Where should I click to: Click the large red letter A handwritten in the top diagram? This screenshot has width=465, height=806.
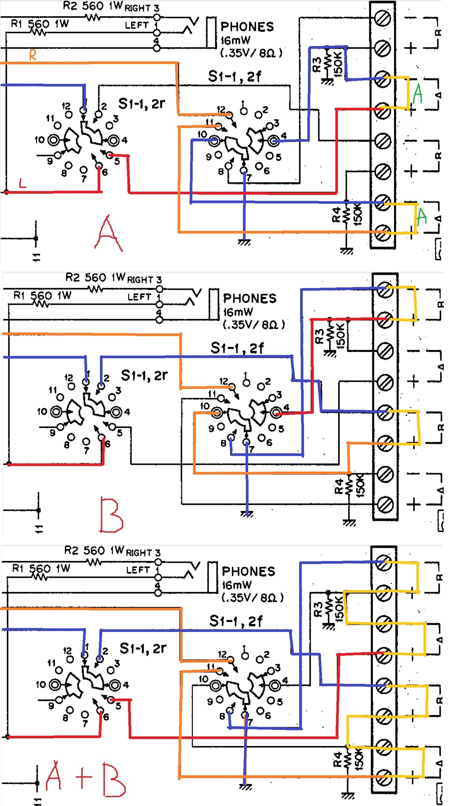(108, 234)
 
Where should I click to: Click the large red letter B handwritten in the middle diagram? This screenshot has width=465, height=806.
(111, 515)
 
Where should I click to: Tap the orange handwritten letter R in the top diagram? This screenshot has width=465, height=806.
(33, 55)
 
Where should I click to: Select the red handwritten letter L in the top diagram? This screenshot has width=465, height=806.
(22, 183)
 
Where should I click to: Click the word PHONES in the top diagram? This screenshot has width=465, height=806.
(247, 27)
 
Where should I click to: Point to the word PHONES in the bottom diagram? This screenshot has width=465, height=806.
(249, 572)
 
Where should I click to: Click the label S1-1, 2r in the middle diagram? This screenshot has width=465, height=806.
(144, 376)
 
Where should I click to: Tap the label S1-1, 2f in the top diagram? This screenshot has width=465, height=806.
(234, 76)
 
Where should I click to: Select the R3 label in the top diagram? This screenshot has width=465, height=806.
(316, 64)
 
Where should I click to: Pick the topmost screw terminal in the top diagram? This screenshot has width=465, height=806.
(382, 18)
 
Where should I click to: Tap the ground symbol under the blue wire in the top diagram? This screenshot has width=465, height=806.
(244, 242)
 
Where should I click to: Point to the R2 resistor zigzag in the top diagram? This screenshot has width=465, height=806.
(93, 17)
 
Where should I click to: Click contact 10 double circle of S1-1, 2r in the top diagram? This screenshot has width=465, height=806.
(53, 140)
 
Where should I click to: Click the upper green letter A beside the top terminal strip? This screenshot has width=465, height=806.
(418, 94)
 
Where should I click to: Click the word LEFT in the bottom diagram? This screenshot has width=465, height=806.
(138, 570)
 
